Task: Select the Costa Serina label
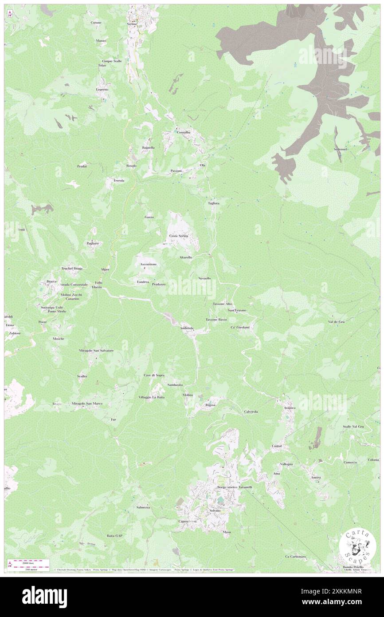click(x=178, y=236)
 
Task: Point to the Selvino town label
click(x=215, y=511)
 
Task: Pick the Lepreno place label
click(x=102, y=89)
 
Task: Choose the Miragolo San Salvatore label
click(x=97, y=350)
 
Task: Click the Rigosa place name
click(x=211, y=405)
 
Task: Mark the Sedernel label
click(x=340, y=149)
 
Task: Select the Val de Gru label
click(x=336, y=321)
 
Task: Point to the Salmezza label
click(x=143, y=507)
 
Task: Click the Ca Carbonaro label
click(x=295, y=556)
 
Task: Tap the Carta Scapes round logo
click(x=357, y=547)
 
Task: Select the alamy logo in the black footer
click(x=44, y=597)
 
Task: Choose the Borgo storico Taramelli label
click(x=235, y=487)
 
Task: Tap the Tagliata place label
click(x=214, y=203)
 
